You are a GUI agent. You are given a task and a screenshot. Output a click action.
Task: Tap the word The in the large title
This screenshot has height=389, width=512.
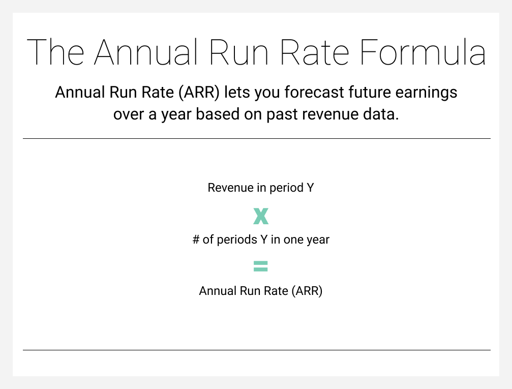(x=55, y=52)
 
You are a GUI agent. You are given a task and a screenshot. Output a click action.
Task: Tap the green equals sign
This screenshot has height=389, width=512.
(x=261, y=266)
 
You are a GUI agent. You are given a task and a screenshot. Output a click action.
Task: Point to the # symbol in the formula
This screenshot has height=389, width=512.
(x=196, y=240)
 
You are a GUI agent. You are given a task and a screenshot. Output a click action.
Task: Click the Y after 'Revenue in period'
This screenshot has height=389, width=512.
(x=310, y=188)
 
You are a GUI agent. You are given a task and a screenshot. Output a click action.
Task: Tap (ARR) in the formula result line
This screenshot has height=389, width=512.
(x=307, y=291)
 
